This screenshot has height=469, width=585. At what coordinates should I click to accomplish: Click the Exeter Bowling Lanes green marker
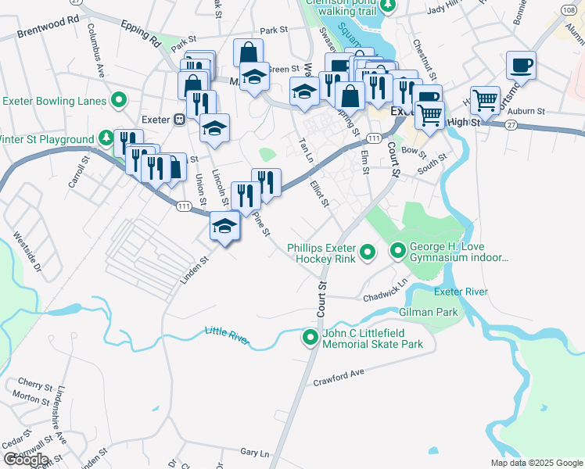coord(119,99)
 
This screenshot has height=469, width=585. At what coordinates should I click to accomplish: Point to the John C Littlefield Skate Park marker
coord(310,338)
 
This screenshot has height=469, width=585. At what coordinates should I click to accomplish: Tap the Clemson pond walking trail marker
coord(393,4)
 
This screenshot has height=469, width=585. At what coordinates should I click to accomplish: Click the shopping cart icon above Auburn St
coord(486,100)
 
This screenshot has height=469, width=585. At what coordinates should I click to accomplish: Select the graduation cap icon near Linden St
coord(224,227)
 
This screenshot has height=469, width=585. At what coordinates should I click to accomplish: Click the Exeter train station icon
coord(179,120)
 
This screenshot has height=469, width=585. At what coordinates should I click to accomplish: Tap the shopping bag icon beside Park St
coord(248,53)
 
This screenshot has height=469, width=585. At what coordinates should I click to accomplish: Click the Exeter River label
coord(461,292)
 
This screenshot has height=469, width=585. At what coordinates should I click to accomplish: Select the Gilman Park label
coord(428,312)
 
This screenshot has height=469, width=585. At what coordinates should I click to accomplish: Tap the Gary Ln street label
coord(254,453)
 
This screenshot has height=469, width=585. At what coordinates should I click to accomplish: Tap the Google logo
coord(26,459)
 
